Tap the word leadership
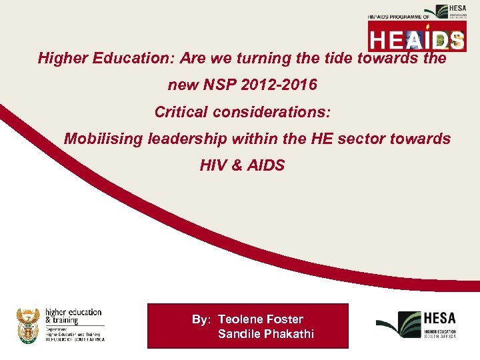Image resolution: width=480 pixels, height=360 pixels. [x=183, y=139]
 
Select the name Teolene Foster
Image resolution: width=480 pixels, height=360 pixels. [x=261, y=319]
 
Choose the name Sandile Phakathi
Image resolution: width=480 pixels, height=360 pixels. [x=265, y=333]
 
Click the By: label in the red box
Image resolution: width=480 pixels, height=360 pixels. [x=201, y=319]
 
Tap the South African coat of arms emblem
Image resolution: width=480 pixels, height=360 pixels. [x=28, y=325]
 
